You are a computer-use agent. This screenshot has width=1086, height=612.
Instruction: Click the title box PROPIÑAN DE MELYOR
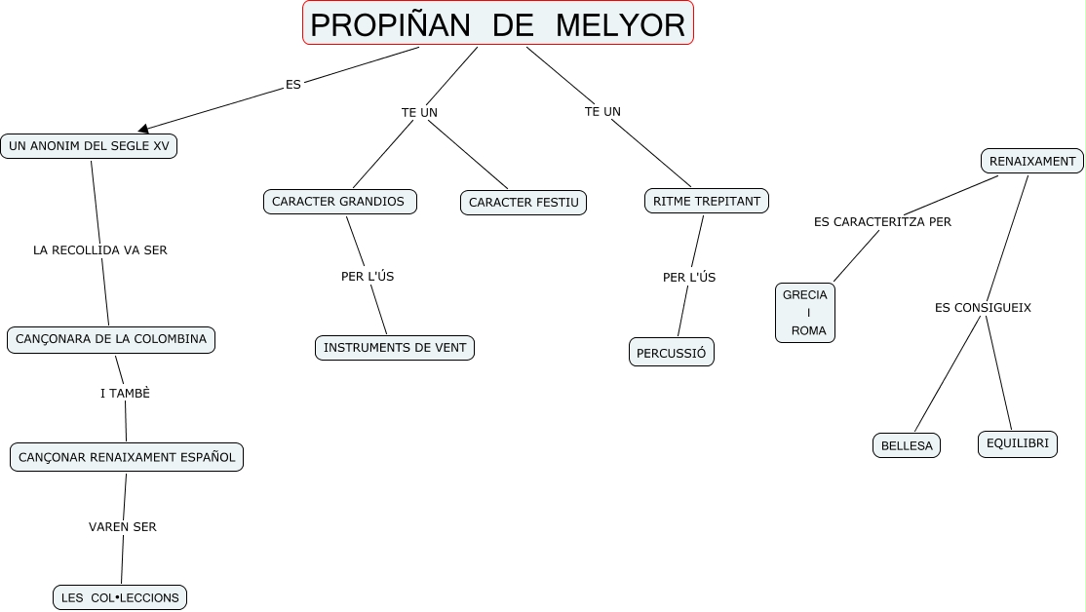click(498, 23)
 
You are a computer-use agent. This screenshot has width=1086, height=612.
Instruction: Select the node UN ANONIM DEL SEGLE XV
click(89, 146)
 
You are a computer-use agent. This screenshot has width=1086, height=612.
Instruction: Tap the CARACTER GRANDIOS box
click(339, 202)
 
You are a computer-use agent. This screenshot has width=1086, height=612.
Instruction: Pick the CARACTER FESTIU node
click(524, 203)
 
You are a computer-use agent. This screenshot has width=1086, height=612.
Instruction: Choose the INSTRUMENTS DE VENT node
click(395, 348)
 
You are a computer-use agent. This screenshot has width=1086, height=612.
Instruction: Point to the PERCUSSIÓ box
click(672, 353)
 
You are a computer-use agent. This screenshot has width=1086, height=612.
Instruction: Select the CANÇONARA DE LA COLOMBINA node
click(111, 339)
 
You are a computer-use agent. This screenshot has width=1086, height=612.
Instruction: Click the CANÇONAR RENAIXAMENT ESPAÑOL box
click(127, 457)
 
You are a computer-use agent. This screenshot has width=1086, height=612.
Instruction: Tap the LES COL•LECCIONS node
click(120, 597)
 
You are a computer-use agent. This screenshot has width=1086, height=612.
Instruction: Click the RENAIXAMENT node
click(1031, 161)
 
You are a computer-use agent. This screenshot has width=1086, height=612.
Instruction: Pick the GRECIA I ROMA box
click(805, 313)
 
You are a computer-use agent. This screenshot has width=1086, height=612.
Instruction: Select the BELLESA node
click(907, 445)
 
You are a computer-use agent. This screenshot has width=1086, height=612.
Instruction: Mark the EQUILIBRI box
click(1018, 443)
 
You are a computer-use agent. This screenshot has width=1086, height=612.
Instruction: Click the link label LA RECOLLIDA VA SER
click(100, 250)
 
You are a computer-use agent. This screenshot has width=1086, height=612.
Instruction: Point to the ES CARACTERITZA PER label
click(882, 222)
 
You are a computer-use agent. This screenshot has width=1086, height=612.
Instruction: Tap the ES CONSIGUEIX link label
click(983, 308)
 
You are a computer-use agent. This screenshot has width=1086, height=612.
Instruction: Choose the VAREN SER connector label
click(123, 527)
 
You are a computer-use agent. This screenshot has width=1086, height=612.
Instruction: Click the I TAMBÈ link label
click(125, 394)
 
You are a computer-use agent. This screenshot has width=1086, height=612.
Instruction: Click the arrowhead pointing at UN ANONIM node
click(144, 128)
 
